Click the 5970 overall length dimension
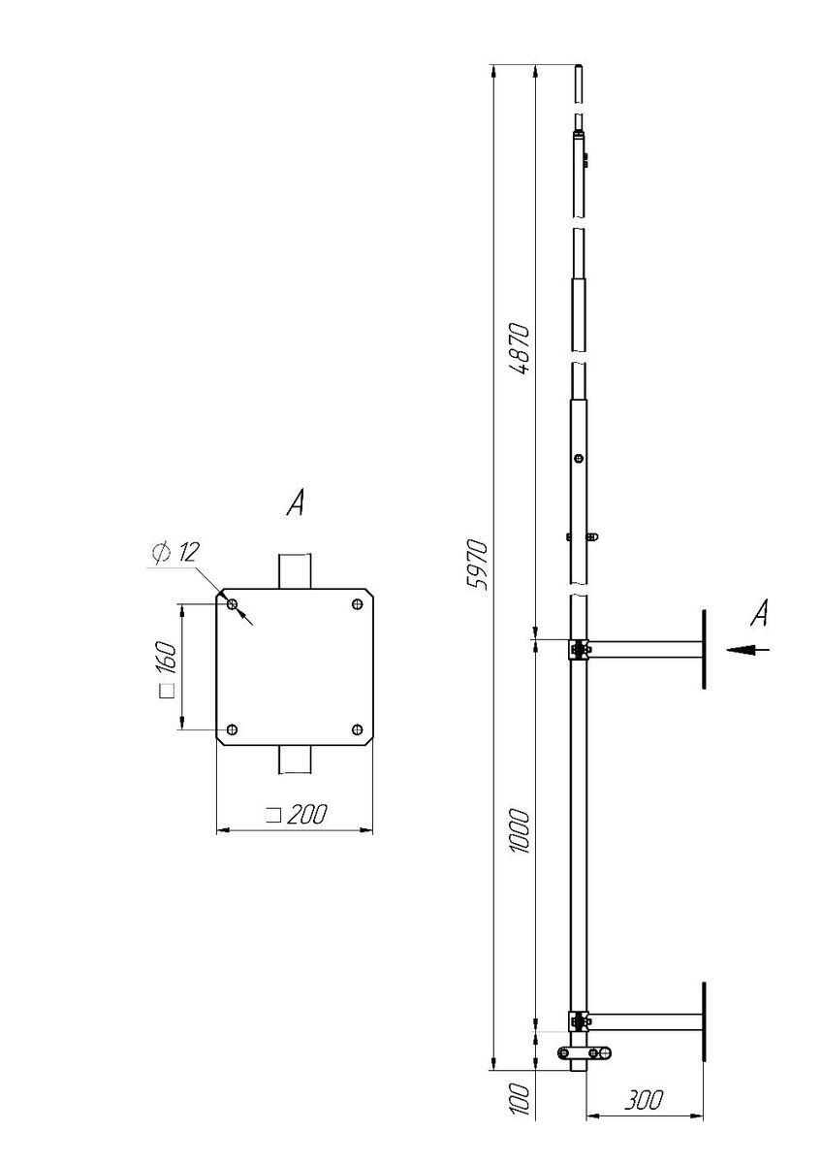point(478,565)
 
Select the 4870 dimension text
point(520,348)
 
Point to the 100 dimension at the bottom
point(520,1099)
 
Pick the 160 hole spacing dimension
point(168,669)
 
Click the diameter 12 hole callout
point(175,552)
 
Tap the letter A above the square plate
point(296,503)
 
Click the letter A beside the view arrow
point(759,613)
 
